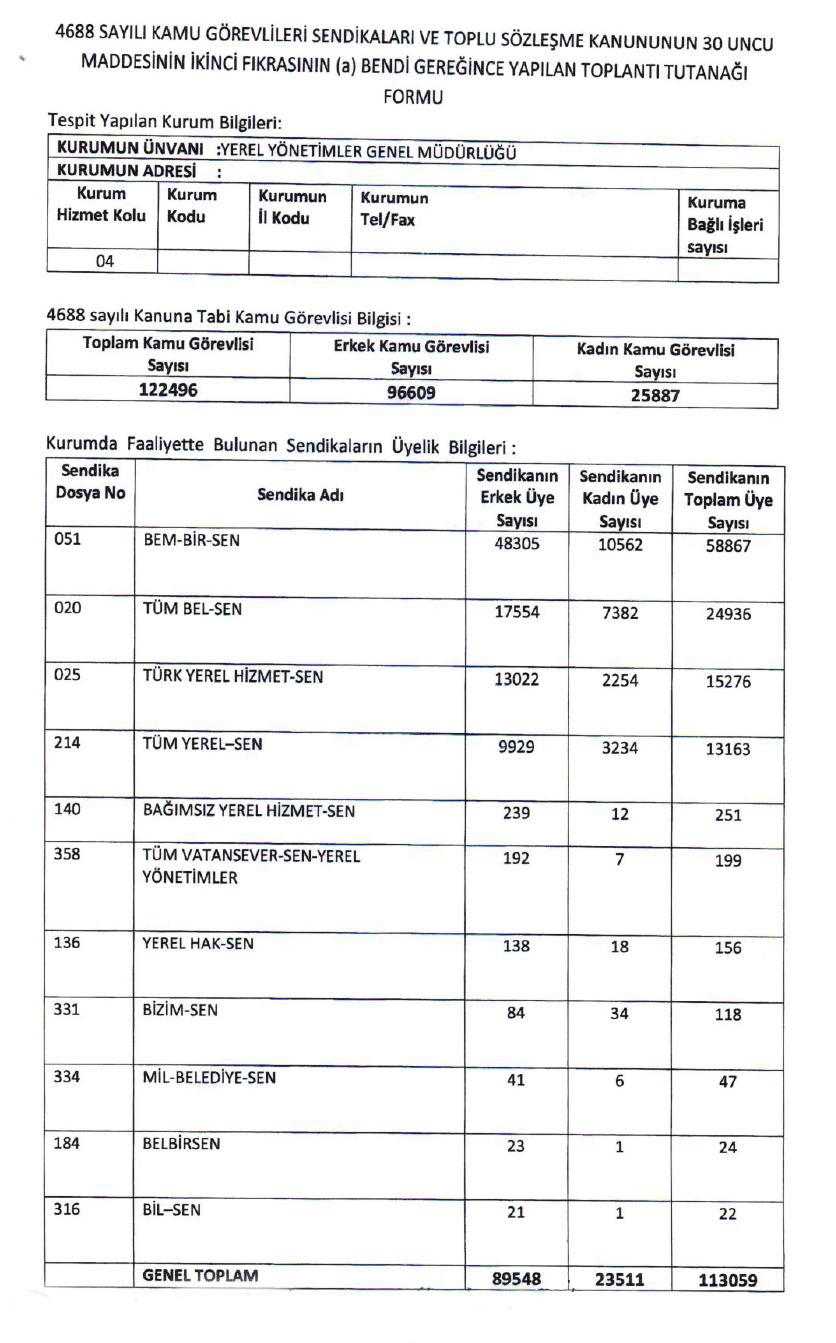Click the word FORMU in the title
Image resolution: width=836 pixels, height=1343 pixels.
point(413,97)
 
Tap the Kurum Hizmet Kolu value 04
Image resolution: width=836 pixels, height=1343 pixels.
point(104,261)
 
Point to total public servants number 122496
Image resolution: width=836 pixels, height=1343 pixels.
point(168,390)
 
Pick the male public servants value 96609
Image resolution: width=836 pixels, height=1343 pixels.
point(411,393)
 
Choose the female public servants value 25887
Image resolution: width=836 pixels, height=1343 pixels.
point(655,395)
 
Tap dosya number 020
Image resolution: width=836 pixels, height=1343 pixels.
point(67,608)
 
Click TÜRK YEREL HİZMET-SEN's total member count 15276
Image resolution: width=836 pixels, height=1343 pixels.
point(728,681)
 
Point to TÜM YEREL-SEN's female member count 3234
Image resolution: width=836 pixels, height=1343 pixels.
point(620,748)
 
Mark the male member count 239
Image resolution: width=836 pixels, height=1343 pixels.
point(516,813)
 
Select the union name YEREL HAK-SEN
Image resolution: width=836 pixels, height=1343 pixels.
point(198,944)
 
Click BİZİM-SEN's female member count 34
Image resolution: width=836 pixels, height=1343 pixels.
point(619,1013)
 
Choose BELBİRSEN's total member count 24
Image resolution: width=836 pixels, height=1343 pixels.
point(728,1147)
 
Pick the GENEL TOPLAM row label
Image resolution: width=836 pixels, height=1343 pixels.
point(200,1276)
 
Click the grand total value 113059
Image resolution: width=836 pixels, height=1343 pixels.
point(728,1280)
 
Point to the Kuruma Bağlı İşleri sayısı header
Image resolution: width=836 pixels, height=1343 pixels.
point(725,224)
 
